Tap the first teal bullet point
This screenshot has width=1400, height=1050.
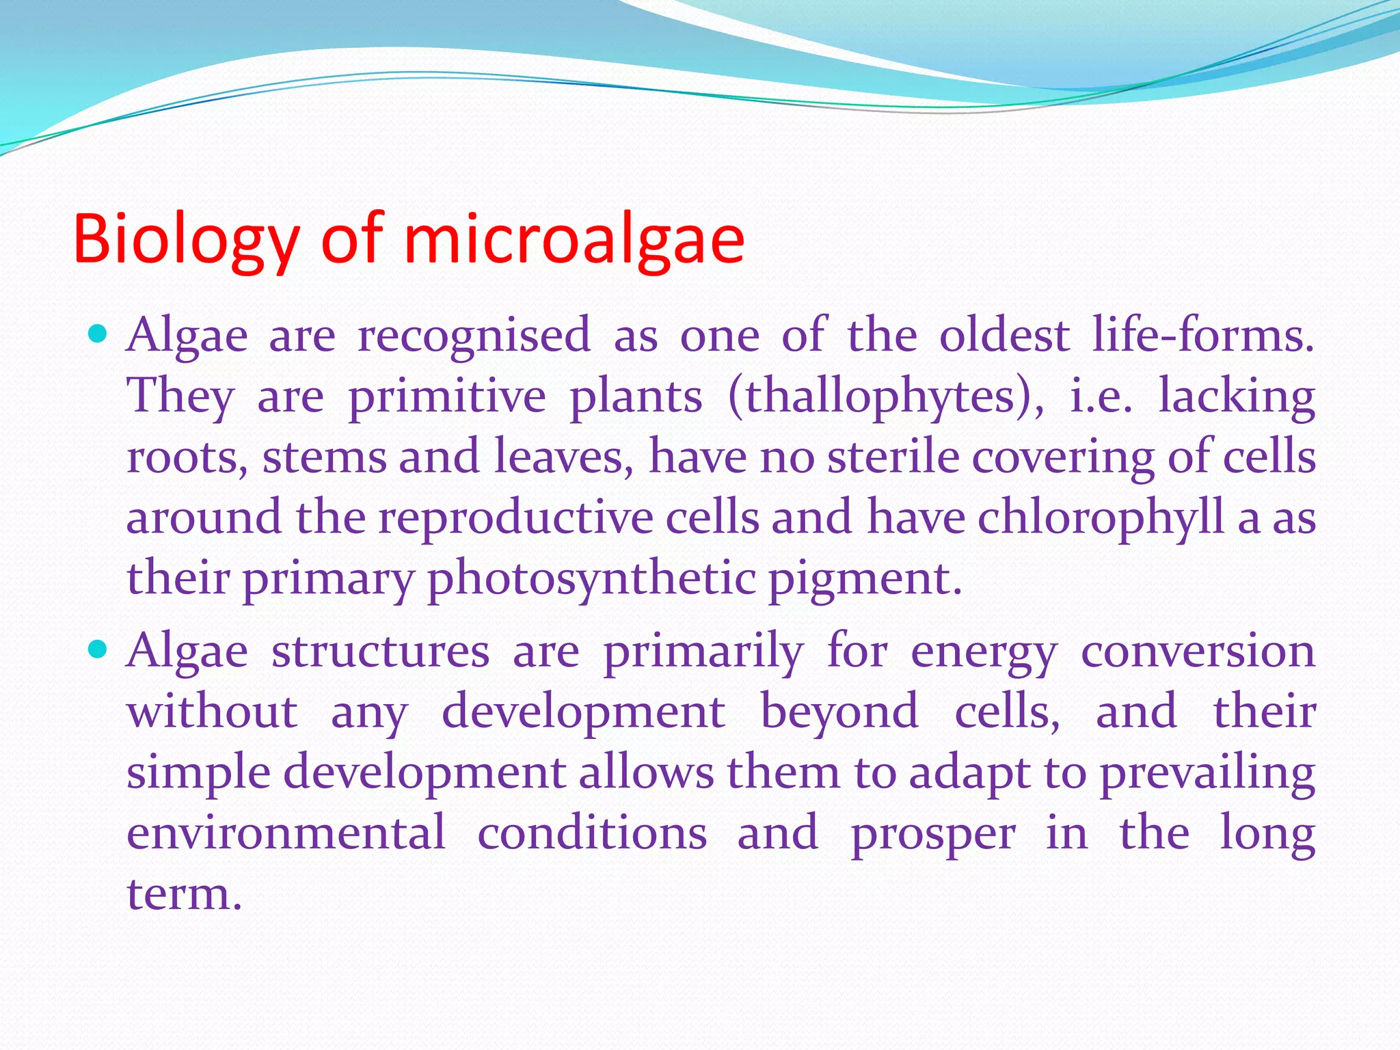click(98, 334)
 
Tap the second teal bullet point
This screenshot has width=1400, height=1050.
click(98, 649)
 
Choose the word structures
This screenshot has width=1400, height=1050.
click(380, 651)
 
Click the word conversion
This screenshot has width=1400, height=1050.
click(1198, 651)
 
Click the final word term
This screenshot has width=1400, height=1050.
click(185, 894)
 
